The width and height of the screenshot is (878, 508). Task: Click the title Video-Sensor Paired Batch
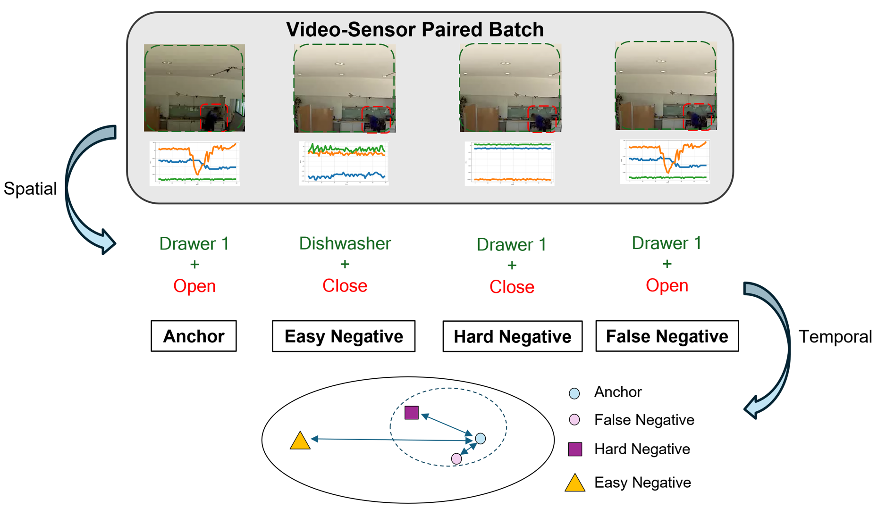pos(414,29)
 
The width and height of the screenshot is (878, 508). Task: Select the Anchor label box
pos(194,336)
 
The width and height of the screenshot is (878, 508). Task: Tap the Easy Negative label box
pos(344,336)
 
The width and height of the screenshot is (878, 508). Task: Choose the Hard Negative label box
pos(512,337)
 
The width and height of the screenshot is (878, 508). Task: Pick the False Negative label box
pos(667,336)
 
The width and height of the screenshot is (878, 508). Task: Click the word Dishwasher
pos(345,243)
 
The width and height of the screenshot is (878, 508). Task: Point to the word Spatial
pos(30,189)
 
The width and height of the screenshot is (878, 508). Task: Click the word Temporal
pos(835,337)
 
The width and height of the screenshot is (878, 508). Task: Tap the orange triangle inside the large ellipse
pos(300,441)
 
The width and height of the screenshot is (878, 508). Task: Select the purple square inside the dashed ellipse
pos(412,413)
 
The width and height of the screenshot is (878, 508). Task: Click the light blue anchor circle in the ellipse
pos(481,439)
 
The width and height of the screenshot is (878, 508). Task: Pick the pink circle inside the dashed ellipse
pos(456,458)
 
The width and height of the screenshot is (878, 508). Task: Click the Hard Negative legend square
pos(575,449)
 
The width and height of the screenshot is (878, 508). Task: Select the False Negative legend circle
pos(574,420)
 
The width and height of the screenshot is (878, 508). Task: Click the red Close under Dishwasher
pos(345,286)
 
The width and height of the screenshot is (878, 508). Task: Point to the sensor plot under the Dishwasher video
pos(344,163)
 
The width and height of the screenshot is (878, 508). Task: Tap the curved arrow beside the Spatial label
pos(80,189)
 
